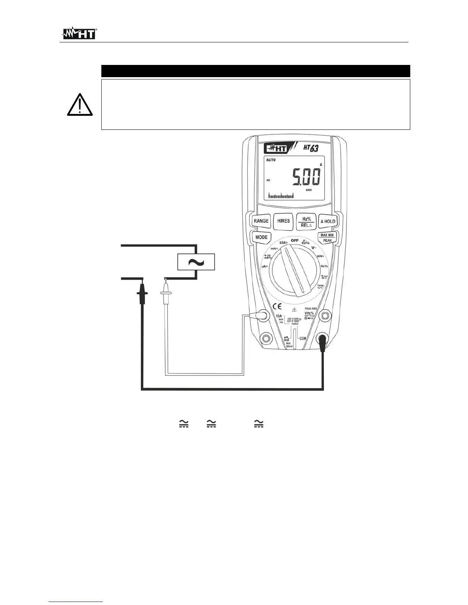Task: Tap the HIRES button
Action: [283, 221]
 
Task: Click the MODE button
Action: [262, 237]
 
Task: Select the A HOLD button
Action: [328, 221]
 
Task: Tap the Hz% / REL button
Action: [306, 222]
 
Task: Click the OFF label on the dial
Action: [294, 241]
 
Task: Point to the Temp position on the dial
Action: [320, 287]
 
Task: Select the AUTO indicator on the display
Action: [271, 160]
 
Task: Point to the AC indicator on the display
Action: [268, 180]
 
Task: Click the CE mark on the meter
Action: [277, 306]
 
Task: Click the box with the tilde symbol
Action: [196, 262]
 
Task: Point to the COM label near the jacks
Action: [302, 338]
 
